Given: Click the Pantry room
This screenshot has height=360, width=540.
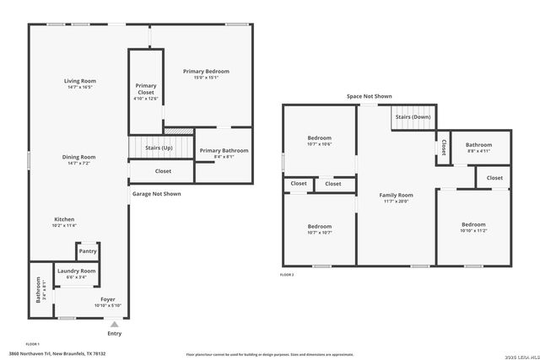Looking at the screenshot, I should (88, 251).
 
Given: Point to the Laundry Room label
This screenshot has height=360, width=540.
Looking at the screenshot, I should (76, 271).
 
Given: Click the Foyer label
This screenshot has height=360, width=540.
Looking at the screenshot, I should (108, 299).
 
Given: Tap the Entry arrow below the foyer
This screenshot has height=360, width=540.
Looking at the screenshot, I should (115, 322).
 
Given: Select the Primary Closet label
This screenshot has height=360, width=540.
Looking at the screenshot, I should (146, 89).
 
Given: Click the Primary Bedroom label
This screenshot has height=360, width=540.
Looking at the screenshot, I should (206, 72).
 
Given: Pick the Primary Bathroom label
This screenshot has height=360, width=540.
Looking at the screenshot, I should (224, 151).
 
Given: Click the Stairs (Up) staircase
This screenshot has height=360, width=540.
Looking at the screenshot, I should (159, 148).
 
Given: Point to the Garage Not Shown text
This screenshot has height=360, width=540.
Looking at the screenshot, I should (156, 194).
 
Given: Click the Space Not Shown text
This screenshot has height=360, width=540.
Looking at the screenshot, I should (369, 97).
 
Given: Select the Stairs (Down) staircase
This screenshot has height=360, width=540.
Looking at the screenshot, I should (414, 117).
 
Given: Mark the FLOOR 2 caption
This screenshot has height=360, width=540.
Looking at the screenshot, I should (287, 275).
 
